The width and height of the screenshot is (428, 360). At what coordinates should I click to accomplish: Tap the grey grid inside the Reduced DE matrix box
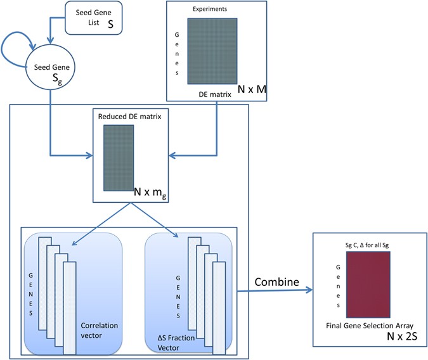pyautogui.click(x=119, y=157)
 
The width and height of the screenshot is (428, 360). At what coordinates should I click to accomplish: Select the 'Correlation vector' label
pyautogui.click(x=100, y=330)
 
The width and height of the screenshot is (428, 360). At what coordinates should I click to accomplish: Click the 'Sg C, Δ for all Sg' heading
pyautogui.click(x=368, y=242)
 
